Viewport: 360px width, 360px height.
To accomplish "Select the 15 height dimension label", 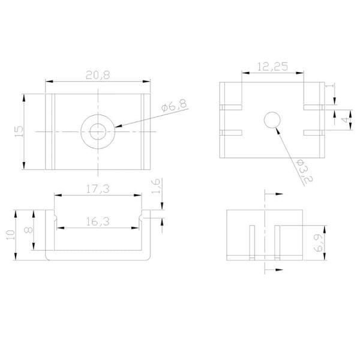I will [x=19, y=130].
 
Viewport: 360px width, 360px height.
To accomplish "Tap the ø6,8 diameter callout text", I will [x=174, y=106].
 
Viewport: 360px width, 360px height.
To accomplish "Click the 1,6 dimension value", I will [x=156, y=187].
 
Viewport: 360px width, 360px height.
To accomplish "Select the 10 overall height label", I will [x=9, y=235].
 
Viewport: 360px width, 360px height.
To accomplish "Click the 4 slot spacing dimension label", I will [x=344, y=119].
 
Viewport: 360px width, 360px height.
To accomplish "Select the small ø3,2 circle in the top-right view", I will [x=272, y=120].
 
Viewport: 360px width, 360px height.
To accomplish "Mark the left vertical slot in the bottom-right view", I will [x=253, y=242].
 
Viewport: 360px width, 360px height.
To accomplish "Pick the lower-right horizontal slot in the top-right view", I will [x=314, y=130].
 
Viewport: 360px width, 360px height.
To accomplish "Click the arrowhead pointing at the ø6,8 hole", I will [x=115, y=126].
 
